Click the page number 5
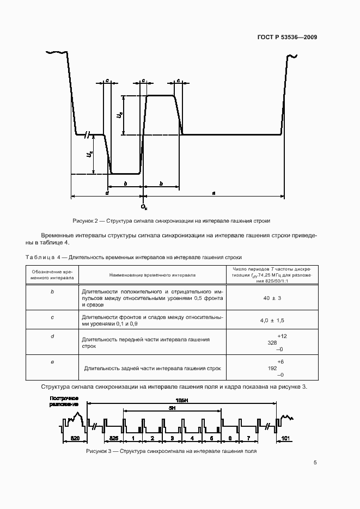tap(315, 463)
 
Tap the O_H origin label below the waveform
tap(144, 207)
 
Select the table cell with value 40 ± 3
tap(272, 298)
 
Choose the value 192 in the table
tap(272, 368)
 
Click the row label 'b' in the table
tap(52, 292)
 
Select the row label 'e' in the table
tap(52, 360)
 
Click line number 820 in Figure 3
tap(75, 438)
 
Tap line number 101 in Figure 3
tap(284, 438)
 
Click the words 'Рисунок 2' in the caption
tap(85, 221)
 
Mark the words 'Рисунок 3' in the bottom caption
tap(99, 452)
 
